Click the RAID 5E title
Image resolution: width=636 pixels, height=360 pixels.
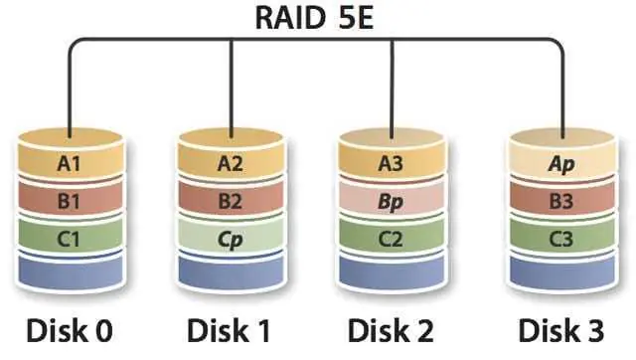pos(315,18)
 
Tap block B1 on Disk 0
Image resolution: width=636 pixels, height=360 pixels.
pos(71,200)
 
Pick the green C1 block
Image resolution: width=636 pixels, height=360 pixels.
pos(71,237)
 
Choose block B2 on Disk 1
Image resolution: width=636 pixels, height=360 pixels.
pos(231,200)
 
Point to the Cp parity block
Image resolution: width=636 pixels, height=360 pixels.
pos(231,237)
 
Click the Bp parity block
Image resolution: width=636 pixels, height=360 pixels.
pos(391,200)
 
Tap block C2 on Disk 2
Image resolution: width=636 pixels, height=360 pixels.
pos(391,237)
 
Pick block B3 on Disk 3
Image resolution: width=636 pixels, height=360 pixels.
pos(562,200)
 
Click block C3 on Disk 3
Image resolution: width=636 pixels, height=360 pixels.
pos(562,237)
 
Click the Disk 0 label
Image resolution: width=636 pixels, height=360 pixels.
pos(70,331)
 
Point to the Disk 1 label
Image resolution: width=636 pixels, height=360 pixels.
pos(229,331)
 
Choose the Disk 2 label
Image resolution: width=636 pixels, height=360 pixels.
pos(391,331)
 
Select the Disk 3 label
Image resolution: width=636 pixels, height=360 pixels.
pos(561,331)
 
